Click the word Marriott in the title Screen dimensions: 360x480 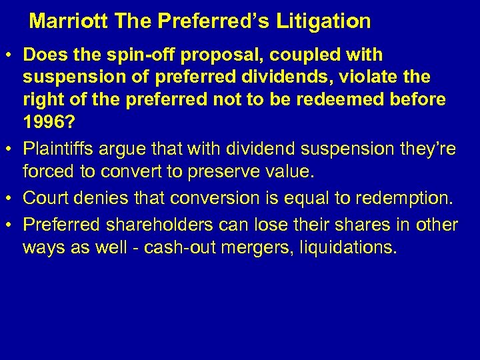[69, 21]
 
